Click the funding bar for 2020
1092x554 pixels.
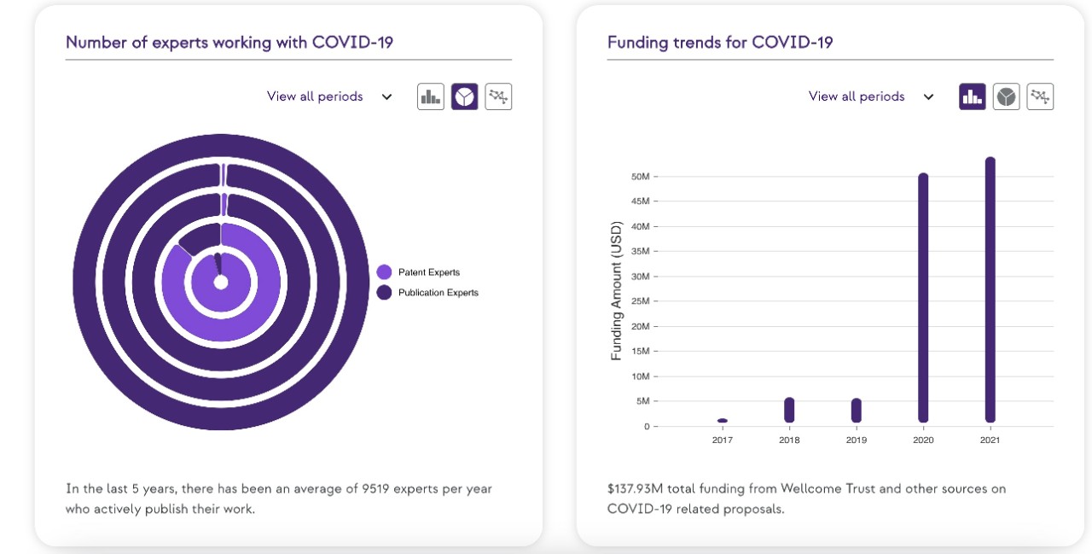click(923, 299)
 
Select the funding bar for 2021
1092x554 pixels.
click(990, 290)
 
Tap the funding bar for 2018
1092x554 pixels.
click(789, 411)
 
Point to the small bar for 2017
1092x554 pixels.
click(723, 421)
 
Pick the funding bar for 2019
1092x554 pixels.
click(856, 411)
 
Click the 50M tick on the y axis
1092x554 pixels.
click(642, 177)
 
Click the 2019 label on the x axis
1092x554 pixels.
click(856, 440)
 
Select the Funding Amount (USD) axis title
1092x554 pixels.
click(617, 291)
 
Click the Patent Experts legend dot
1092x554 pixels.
click(384, 272)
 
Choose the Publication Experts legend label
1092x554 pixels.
click(438, 293)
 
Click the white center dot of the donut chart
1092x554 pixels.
click(221, 283)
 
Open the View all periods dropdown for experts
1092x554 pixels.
click(329, 96)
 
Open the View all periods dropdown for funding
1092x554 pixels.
click(871, 96)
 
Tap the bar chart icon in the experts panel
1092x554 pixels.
click(431, 96)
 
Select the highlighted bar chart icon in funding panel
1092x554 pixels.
click(973, 96)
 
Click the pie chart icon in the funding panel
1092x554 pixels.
click(1007, 96)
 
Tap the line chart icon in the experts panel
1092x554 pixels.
click(498, 96)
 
